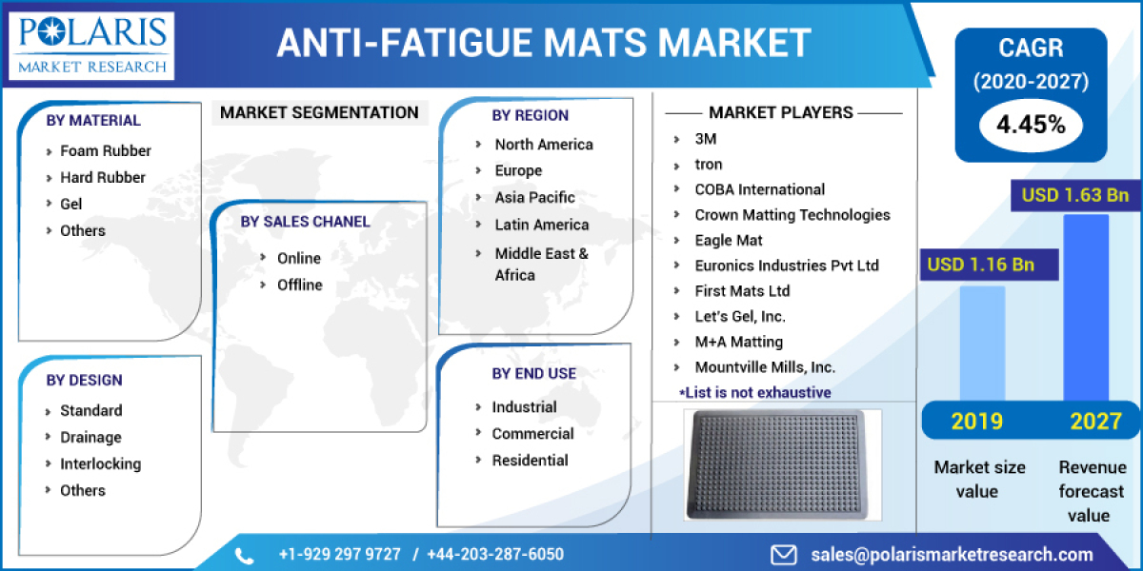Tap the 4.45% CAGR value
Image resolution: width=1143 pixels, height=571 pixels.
coord(1031,125)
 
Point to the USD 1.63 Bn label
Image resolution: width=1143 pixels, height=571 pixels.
coord(1074,196)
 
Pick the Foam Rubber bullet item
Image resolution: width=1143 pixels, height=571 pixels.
coord(105,150)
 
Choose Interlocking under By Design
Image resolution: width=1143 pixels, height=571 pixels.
coord(100,463)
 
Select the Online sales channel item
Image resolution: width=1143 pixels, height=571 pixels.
coord(298,258)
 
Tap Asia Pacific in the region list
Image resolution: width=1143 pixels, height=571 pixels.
coord(534,197)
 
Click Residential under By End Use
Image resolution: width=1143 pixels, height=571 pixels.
coord(530,460)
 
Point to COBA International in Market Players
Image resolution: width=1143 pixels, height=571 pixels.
coord(759,189)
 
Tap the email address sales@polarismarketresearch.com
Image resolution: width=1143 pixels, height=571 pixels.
coord(952,554)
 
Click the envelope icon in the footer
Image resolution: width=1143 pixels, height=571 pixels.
coord(783,554)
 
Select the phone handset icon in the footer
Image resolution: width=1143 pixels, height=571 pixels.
coord(244,555)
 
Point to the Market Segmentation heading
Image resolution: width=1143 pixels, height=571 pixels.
coord(319,112)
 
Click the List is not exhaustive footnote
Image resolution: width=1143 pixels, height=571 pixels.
coord(754,392)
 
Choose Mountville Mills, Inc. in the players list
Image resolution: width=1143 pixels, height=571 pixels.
coord(765,366)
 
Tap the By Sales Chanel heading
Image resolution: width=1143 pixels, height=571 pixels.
coord(305,222)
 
